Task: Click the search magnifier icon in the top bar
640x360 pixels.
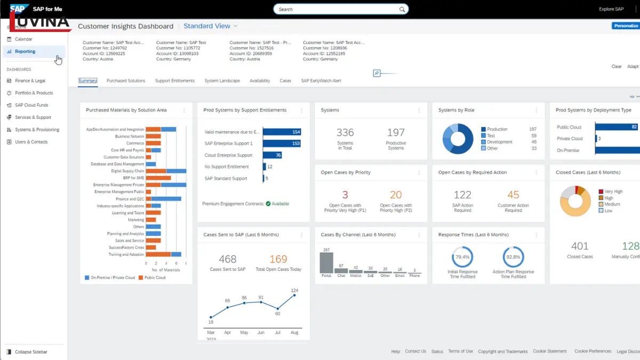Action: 402,9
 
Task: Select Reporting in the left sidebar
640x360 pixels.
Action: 25,52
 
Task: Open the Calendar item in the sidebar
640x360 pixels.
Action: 23,39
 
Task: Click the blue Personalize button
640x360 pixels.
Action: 626,26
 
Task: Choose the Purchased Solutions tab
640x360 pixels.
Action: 126,81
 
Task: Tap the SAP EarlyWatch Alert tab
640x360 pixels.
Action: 321,81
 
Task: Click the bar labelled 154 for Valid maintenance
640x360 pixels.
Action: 282,132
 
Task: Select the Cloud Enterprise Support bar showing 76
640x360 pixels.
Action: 272,155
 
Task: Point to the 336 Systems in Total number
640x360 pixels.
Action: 345,132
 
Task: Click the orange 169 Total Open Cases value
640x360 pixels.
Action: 278,259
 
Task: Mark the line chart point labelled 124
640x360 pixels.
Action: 294,295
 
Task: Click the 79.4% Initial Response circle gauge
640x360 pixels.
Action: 462,257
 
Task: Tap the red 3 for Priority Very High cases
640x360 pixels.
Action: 345,195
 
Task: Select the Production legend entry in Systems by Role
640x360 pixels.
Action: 497,129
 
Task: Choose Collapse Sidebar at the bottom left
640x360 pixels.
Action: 30,352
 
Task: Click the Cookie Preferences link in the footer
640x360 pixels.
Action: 593,351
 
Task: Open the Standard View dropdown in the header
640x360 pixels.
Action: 211,26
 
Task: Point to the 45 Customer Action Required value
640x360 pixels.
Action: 513,195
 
